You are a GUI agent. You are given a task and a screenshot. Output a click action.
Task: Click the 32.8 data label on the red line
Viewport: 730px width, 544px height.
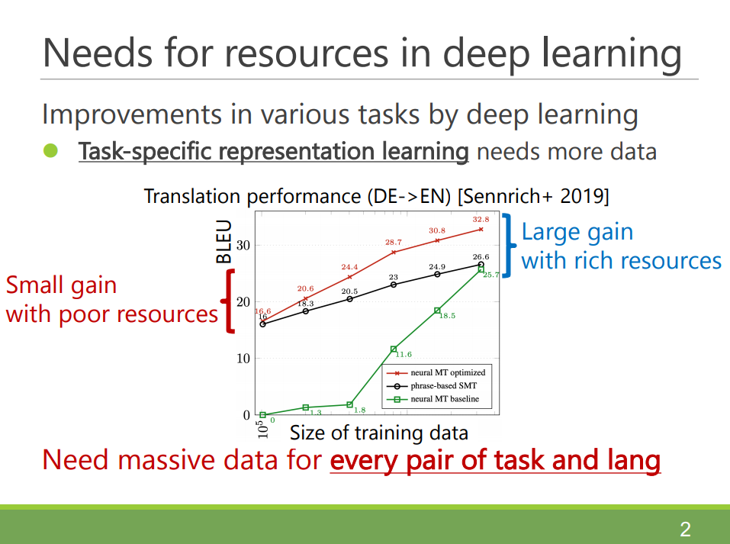[481, 220]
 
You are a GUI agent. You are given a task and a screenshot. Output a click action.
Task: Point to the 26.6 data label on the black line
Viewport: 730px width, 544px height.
[481, 256]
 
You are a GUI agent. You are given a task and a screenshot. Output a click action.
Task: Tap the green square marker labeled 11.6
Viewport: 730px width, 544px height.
[394, 349]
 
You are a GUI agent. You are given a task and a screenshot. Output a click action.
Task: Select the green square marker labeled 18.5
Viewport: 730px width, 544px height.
[437, 311]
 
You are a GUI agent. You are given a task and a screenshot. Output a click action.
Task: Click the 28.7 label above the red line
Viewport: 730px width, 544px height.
[394, 242]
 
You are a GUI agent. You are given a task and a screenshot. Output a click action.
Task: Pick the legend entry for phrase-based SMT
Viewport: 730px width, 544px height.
[432, 385]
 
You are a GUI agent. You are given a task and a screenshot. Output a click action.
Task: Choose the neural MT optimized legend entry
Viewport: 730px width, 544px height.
[436, 372]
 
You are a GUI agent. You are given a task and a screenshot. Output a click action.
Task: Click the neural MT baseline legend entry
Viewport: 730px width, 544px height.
[433, 399]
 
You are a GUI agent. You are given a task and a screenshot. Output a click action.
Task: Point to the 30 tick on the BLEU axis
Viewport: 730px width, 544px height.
[243, 245]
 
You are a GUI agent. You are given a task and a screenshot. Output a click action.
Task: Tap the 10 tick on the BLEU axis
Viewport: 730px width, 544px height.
[243, 358]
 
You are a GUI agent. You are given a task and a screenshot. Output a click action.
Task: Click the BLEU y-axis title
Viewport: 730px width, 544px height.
[224, 241]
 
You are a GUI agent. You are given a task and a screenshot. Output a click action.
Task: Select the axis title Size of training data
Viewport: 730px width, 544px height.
[379, 433]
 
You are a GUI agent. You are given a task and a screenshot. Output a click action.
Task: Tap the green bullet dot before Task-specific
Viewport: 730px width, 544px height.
[51, 150]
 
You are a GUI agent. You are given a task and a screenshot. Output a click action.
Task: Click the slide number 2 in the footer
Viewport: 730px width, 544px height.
[685, 530]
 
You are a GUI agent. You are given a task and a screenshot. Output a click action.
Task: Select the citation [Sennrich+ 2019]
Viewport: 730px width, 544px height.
[533, 196]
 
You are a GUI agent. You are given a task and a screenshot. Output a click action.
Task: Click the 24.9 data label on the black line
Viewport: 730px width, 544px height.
[437, 267]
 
